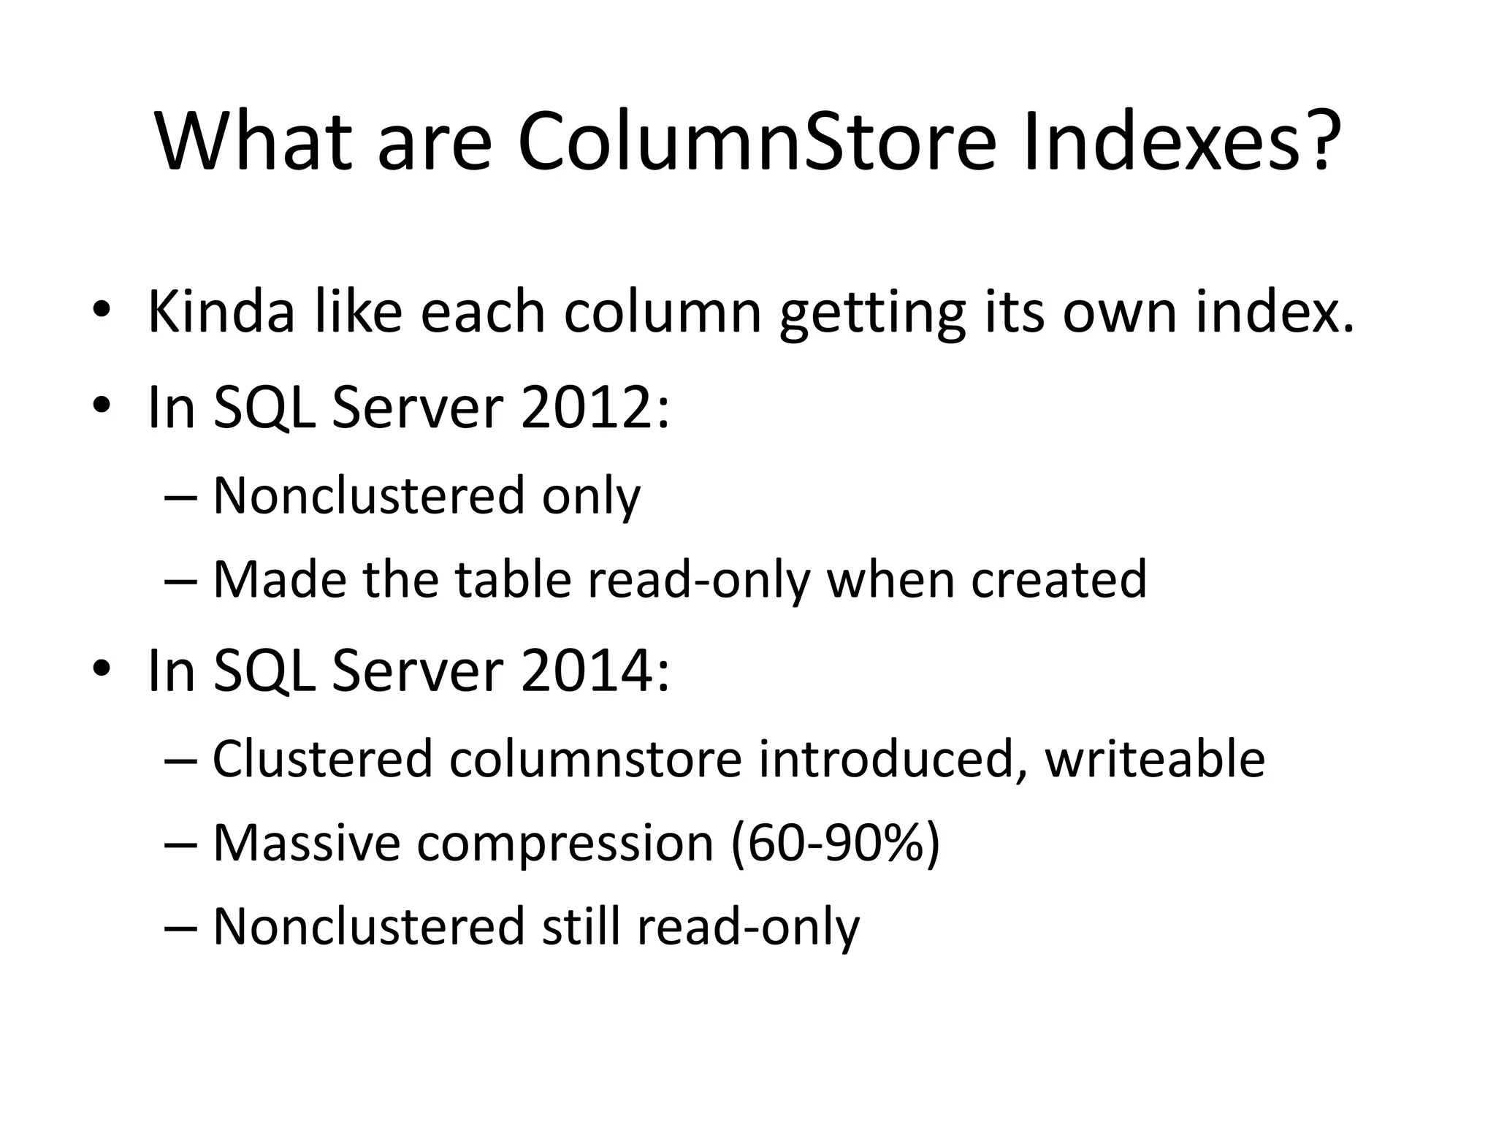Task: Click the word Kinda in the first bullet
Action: [222, 312]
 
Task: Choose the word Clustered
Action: [322, 759]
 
